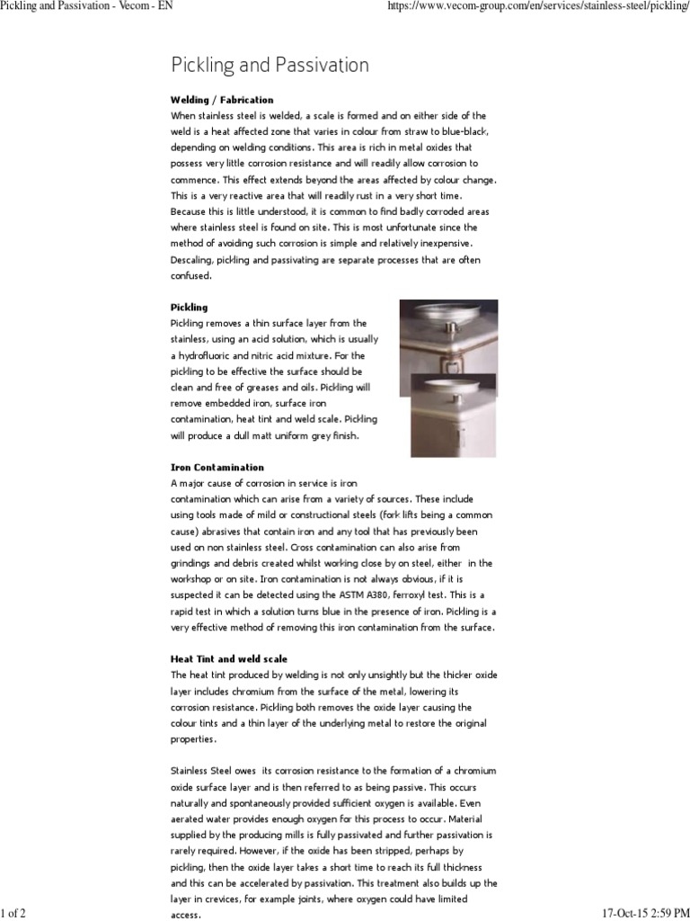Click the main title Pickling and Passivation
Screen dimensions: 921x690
pos(270,66)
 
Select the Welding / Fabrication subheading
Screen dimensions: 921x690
pos(222,100)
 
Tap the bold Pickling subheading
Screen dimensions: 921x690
pos(189,308)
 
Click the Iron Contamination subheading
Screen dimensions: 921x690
pos(217,468)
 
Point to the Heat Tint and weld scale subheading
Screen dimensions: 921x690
pos(229,659)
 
